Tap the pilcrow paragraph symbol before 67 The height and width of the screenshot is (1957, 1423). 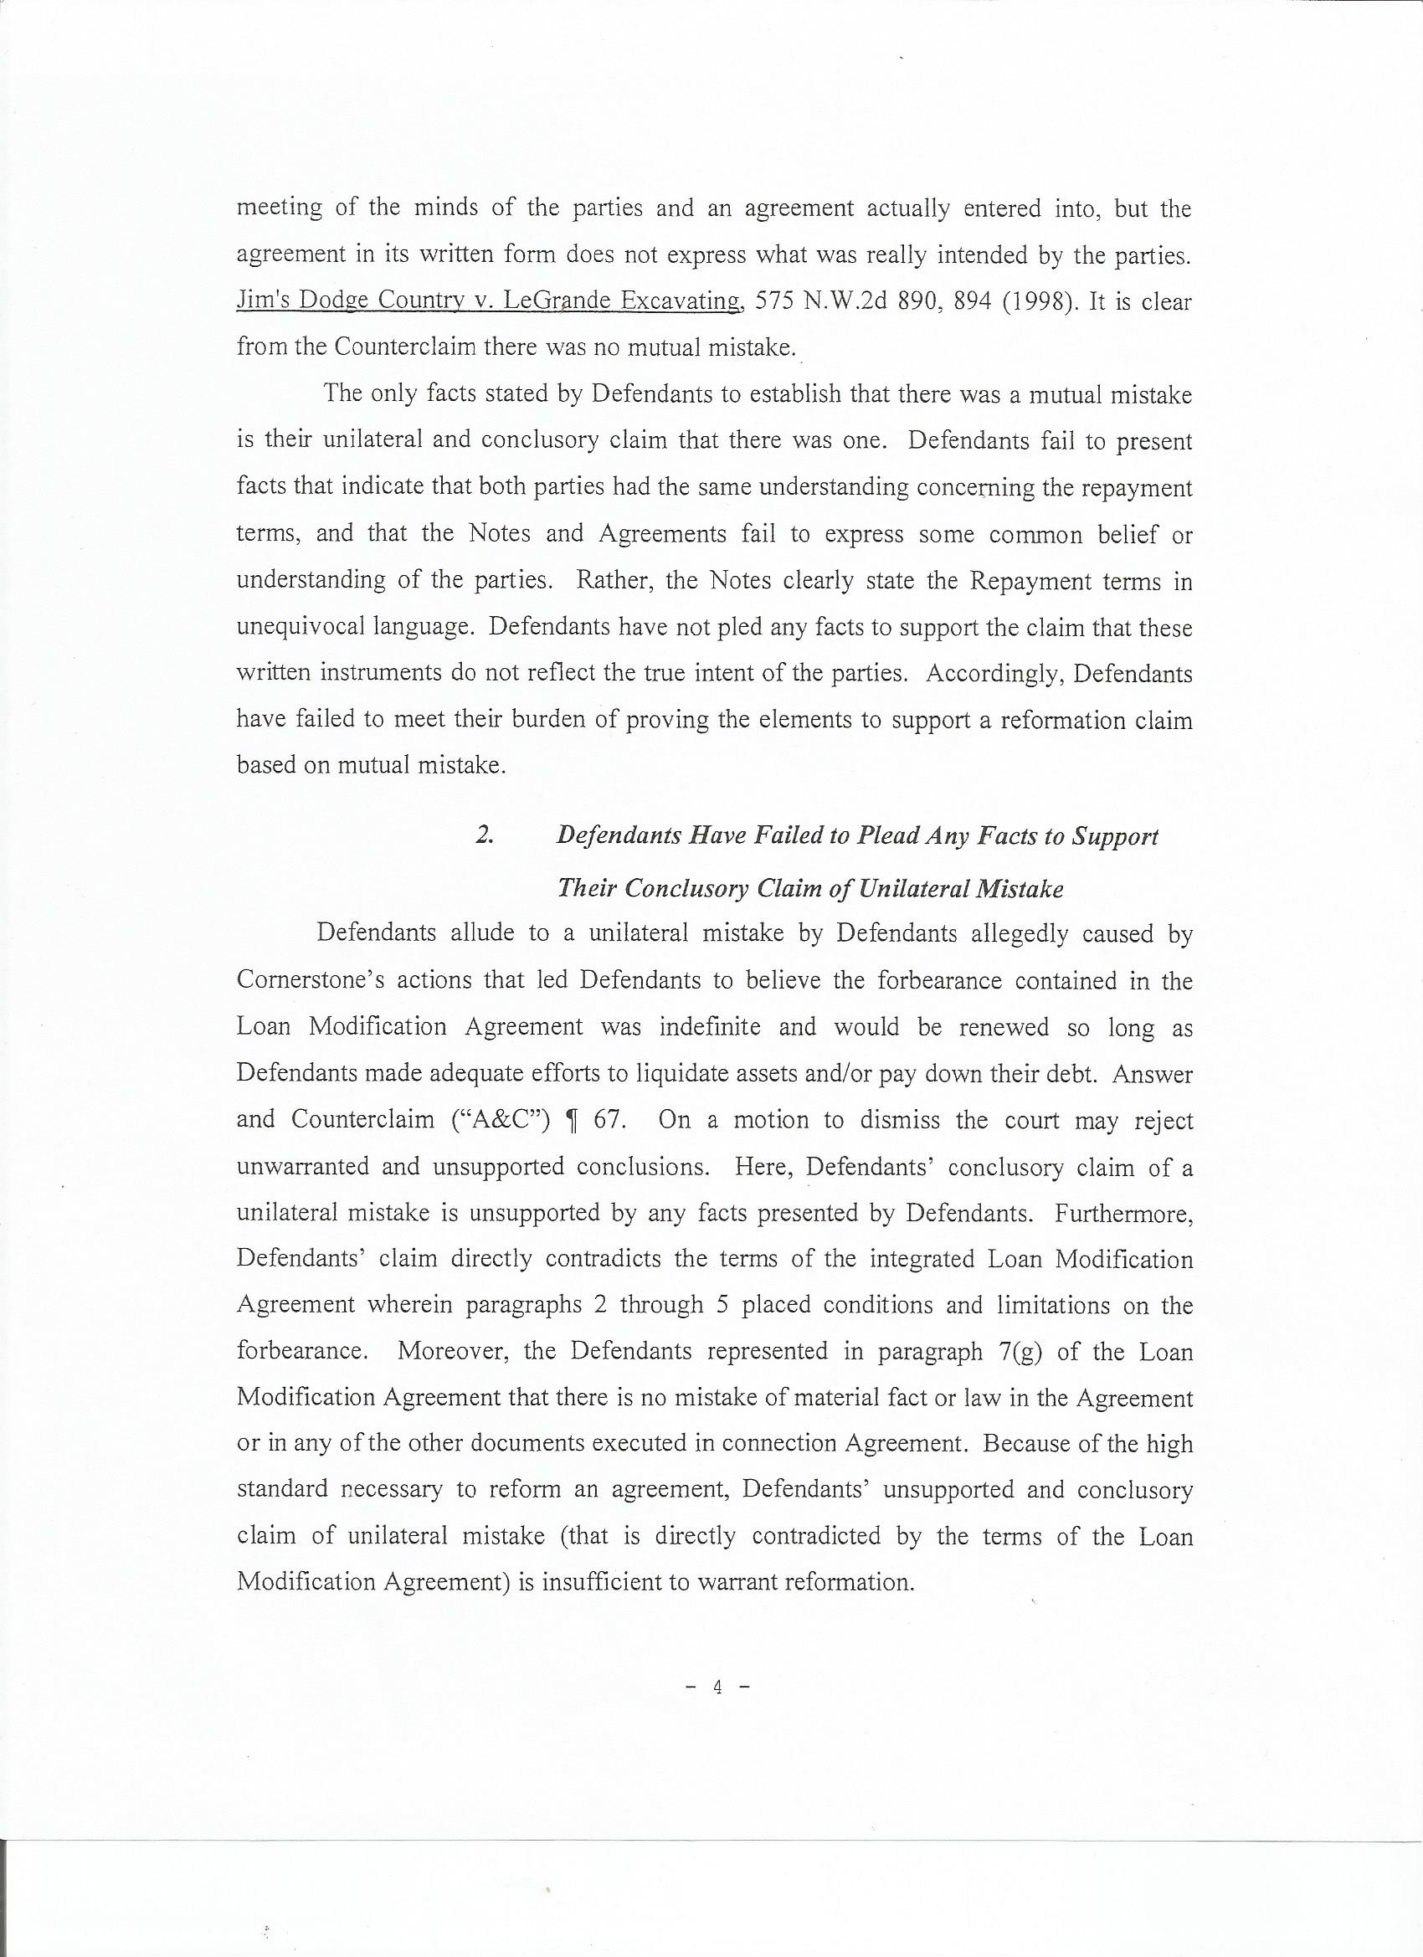[569, 1120]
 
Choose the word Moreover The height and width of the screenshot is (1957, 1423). [453, 1351]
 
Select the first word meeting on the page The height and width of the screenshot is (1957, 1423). [279, 208]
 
